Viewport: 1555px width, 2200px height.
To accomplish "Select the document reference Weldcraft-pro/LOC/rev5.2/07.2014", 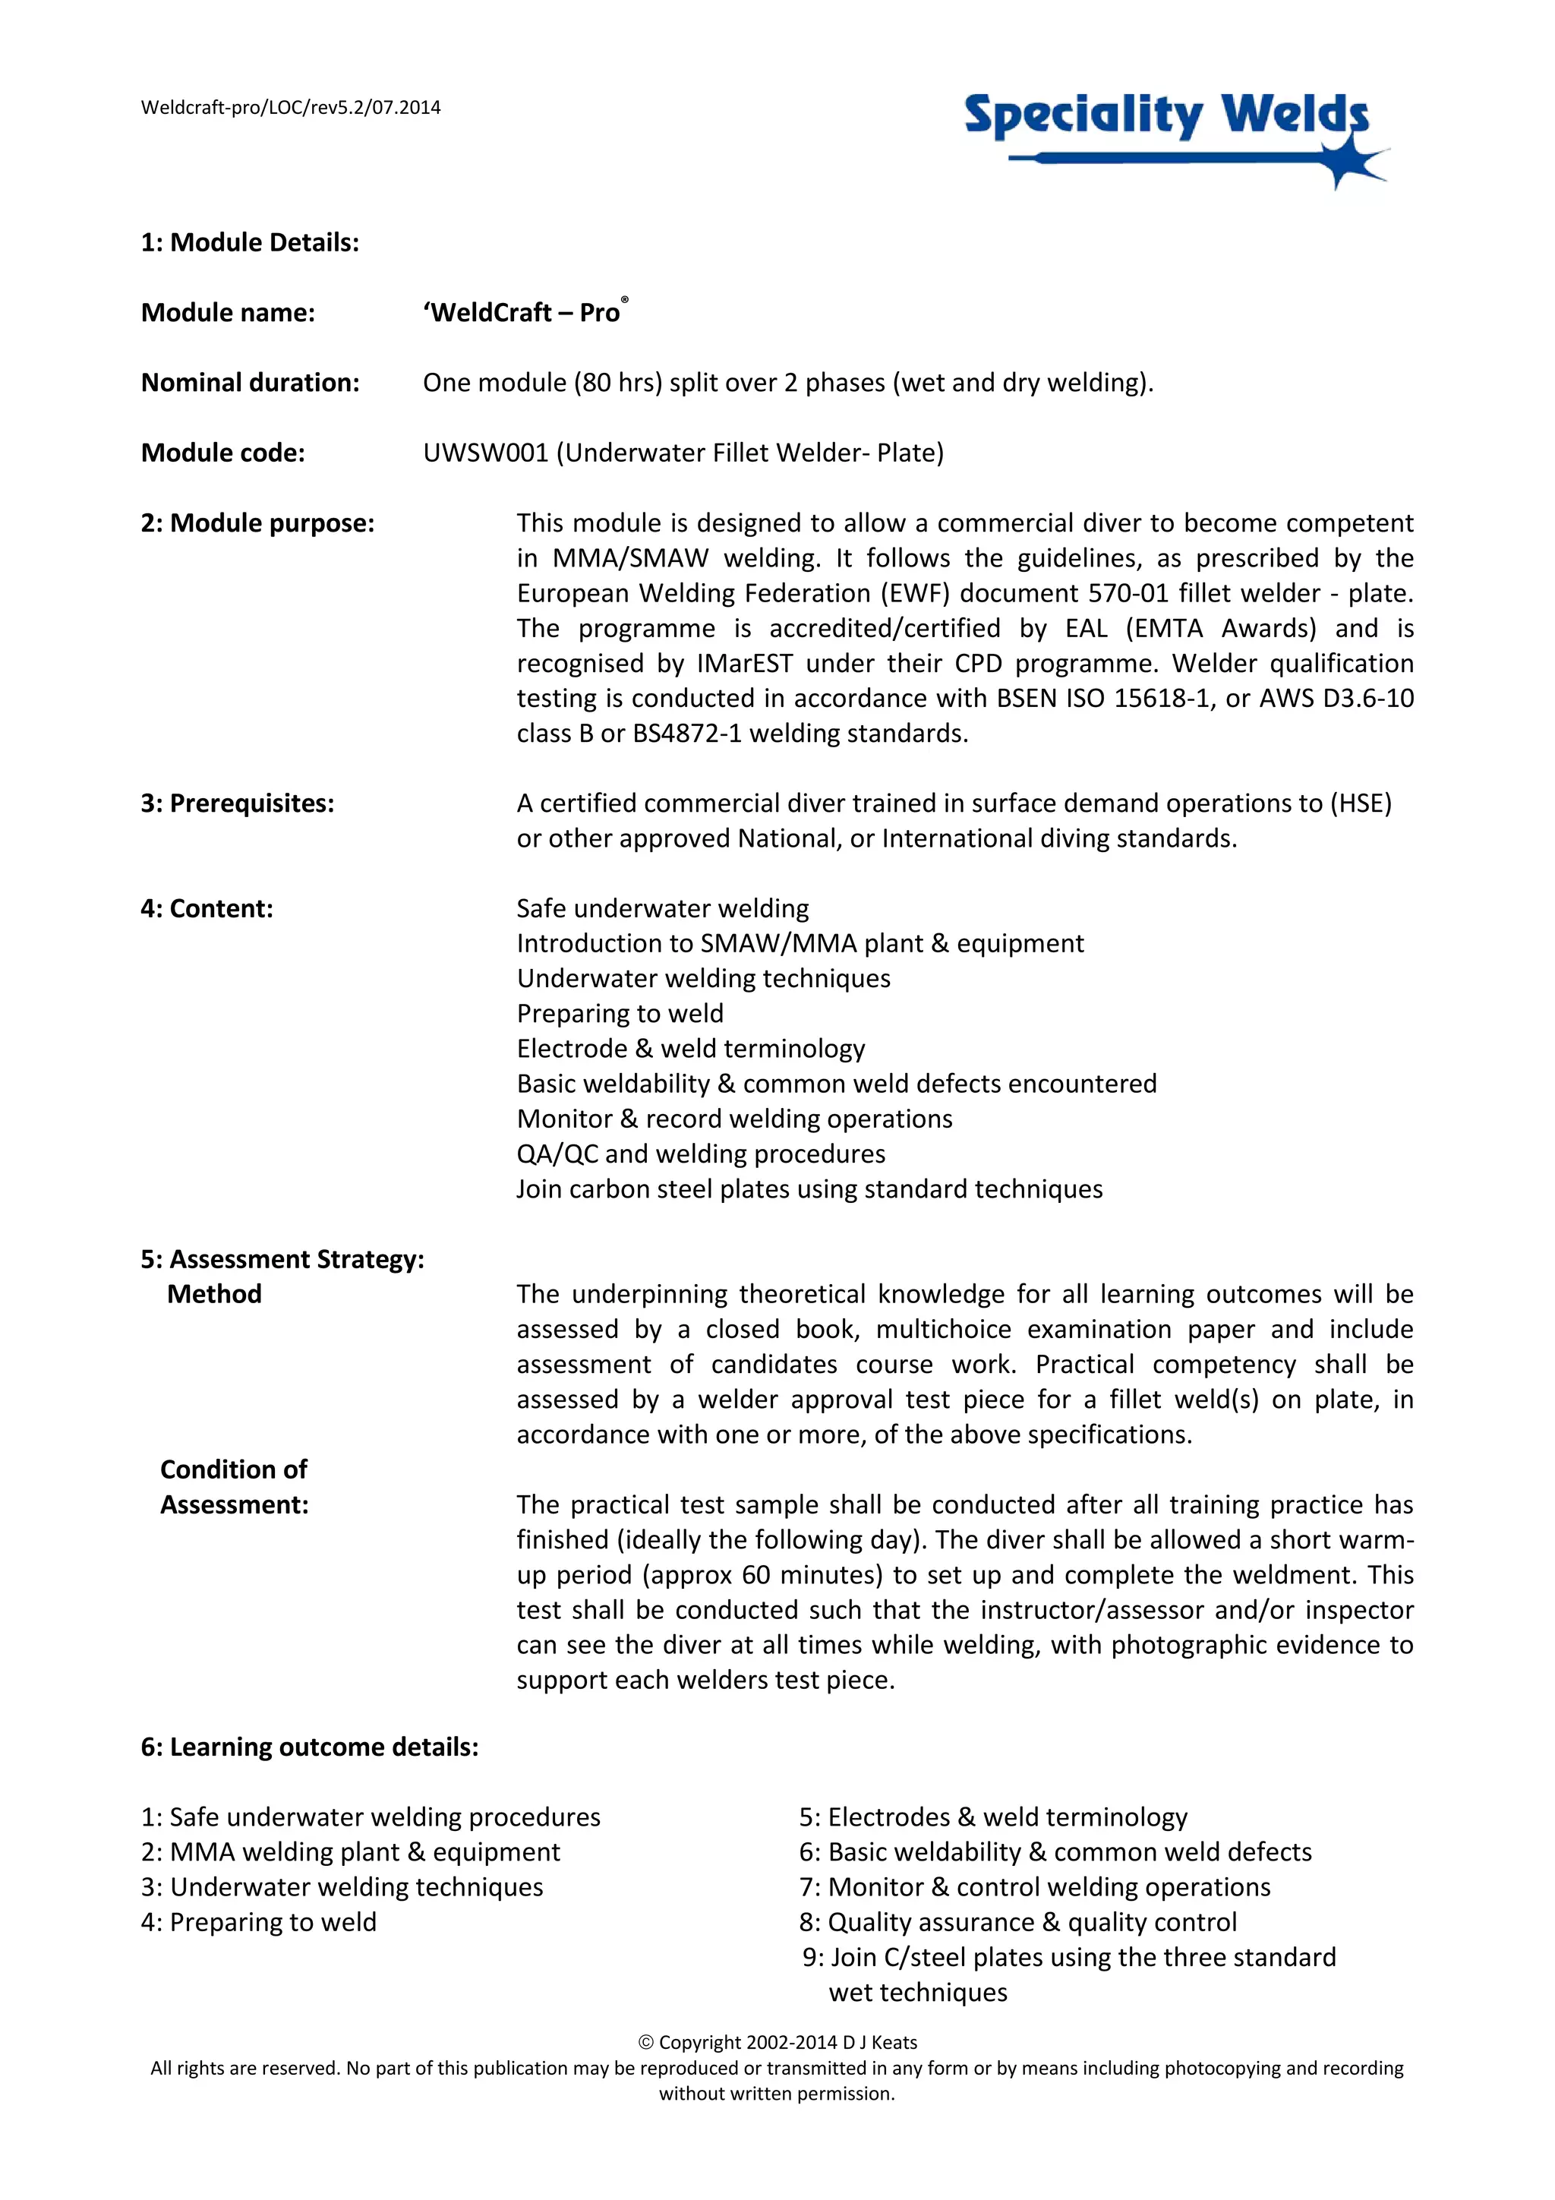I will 290,107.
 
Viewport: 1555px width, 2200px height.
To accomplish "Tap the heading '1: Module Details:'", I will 250,242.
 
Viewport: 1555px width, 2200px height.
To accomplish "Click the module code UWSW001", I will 485,453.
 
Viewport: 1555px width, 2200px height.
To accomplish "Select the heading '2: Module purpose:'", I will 257,523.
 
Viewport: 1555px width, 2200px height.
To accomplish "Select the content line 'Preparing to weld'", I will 620,1014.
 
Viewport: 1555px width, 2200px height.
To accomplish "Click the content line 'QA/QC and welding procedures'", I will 700,1154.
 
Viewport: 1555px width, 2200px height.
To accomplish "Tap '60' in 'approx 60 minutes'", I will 756,1574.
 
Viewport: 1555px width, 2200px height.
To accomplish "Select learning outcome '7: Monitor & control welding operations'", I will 1035,1888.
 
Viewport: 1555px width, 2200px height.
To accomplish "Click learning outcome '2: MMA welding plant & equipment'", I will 351,1852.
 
